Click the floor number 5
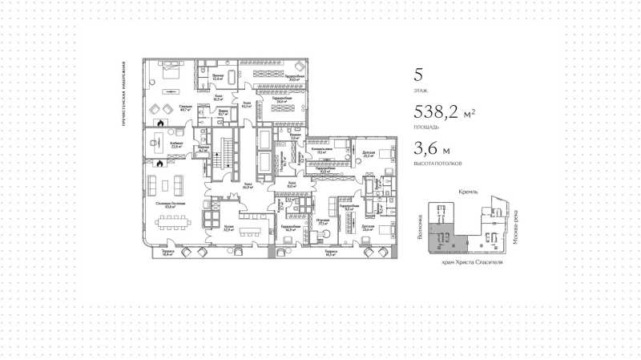[x=417, y=76]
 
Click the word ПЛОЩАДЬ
[x=425, y=127]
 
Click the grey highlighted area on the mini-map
[x=440, y=237]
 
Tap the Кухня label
[x=229, y=227]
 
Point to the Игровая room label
[x=323, y=221]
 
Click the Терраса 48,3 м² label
[x=330, y=253]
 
